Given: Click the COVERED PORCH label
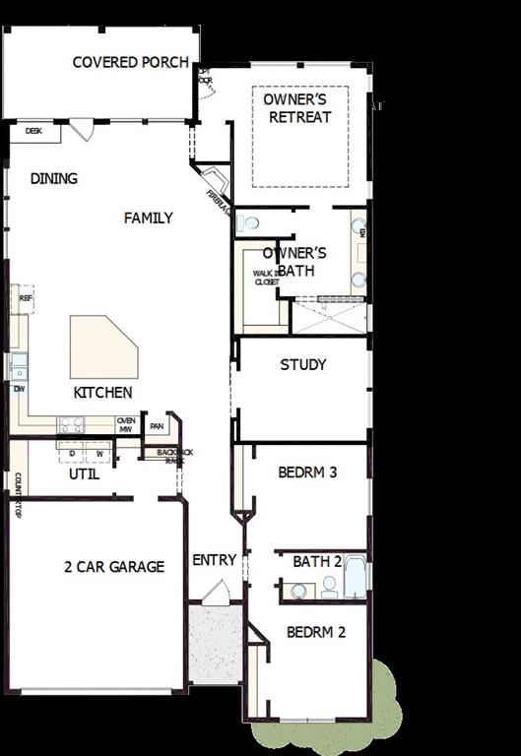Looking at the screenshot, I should click(130, 62).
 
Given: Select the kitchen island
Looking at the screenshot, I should click(101, 346).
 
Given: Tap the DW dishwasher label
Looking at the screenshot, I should click(19, 389).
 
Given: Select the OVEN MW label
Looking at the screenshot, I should click(125, 424).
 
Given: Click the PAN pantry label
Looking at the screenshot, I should click(157, 426).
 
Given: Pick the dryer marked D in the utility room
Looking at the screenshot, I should click(71, 454).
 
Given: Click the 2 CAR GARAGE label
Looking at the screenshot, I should click(114, 567).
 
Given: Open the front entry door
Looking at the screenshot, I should click(216, 593).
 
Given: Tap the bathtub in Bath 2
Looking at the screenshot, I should click(356, 578).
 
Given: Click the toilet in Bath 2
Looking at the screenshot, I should click(329, 588).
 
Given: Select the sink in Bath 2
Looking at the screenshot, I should click(297, 591).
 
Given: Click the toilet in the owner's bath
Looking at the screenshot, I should click(248, 222).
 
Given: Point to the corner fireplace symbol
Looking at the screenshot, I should click(216, 184).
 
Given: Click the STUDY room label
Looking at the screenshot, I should click(302, 364).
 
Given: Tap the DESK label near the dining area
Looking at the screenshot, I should click(33, 130).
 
